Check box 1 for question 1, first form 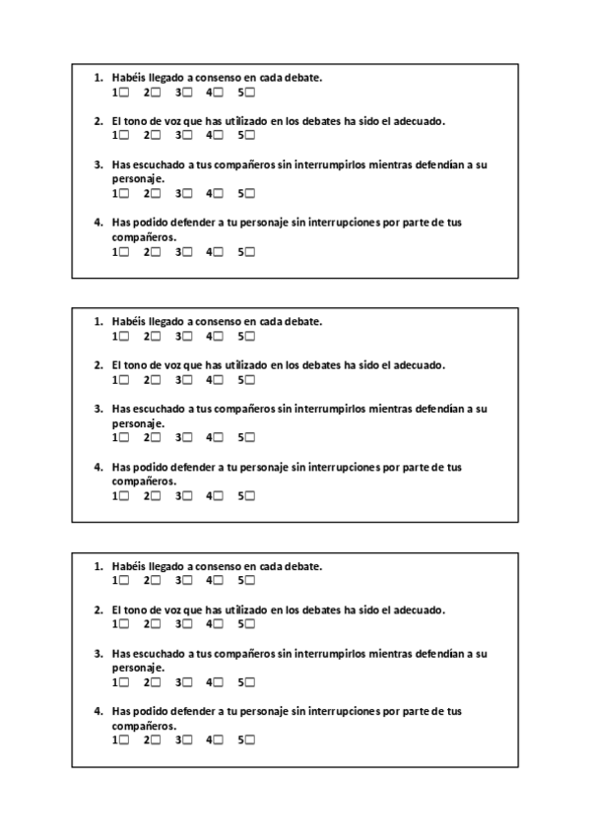tap(124, 93)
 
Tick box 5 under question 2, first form tap(250, 135)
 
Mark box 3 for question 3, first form tap(187, 193)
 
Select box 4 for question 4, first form tap(219, 252)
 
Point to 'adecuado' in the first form tap(421, 121)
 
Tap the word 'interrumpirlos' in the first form tap(323, 164)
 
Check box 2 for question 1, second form tap(156, 337)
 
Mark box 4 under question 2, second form tap(219, 379)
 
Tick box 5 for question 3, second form tap(250, 437)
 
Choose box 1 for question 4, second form tap(124, 496)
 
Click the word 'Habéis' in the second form tap(128, 321)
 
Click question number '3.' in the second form tap(98, 409)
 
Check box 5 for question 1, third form tap(250, 581)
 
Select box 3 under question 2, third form tap(187, 624)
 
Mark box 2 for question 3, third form tap(156, 681)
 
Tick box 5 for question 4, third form tap(250, 740)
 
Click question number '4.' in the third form tap(98, 711)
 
